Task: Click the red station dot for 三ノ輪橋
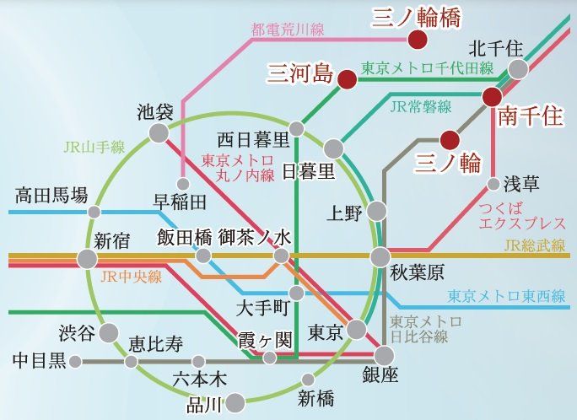pos(417,40)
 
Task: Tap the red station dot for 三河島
pos(346,80)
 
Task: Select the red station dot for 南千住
pos(493,98)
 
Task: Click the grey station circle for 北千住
pos(518,68)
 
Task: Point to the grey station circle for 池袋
pos(158,132)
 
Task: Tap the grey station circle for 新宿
pos(87,258)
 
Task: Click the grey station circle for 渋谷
pos(108,333)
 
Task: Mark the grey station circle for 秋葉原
pos(380,256)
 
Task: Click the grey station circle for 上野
pos(376,211)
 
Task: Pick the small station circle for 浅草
pos(493,184)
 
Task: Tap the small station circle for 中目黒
pos(76,362)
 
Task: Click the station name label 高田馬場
pos(51,197)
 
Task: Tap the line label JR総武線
pos(532,246)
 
